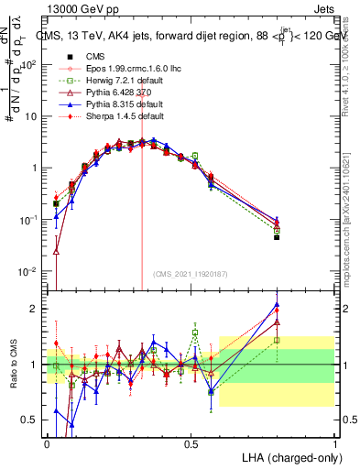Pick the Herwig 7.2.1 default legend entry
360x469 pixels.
click(x=115, y=80)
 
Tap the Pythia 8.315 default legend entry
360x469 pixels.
click(x=115, y=104)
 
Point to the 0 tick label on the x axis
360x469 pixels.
click(x=48, y=442)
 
